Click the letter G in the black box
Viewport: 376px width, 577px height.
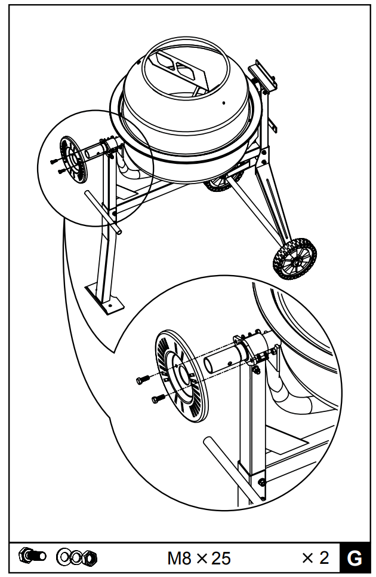click(354, 558)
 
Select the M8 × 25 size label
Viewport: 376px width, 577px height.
click(199, 559)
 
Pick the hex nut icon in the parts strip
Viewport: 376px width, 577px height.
click(89, 558)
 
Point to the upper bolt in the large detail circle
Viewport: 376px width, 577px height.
click(143, 379)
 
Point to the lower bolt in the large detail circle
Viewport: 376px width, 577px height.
click(156, 398)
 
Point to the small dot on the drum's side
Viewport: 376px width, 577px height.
click(223, 103)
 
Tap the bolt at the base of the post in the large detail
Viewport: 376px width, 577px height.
click(261, 481)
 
